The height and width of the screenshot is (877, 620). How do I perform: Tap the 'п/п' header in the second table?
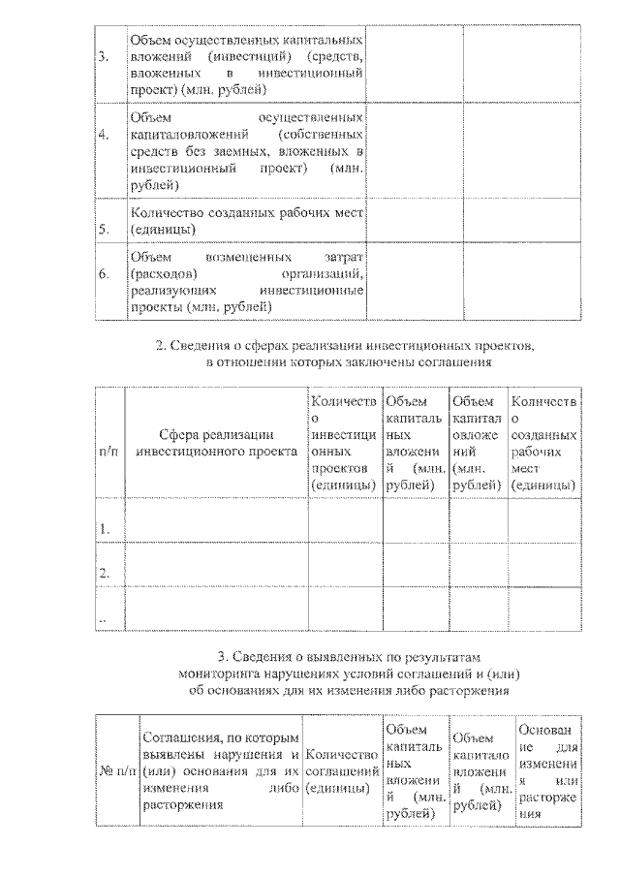tap(109, 452)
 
